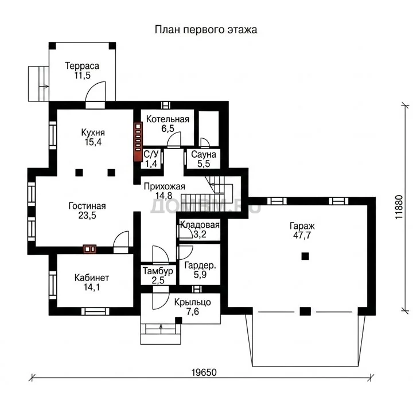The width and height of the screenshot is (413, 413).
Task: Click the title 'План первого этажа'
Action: click(x=206, y=29)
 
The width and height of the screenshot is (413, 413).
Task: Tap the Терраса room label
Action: click(x=82, y=65)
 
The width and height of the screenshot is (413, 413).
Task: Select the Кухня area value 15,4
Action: click(x=93, y=142)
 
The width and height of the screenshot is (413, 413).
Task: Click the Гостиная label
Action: click(x=87, y=206)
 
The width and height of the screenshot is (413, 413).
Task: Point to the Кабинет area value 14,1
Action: click(x=92, y=287)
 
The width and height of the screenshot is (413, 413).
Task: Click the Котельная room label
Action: click(x=167, y=119)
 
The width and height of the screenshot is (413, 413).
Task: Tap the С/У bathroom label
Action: click(x=151, y=154)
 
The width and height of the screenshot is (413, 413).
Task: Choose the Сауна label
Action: click(x=204, y=154)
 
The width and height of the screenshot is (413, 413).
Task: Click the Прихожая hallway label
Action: click(x=165, y=186)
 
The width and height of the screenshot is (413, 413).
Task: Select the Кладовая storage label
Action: click(x=200, y=225)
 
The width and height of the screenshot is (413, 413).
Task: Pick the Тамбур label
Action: click(x=158, y=271)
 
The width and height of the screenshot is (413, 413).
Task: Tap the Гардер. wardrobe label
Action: click(x=200, y=266)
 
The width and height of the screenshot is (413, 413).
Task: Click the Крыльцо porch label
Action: click(x=193, y=302)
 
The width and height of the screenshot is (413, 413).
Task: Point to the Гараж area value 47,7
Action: click(x=302, y=235)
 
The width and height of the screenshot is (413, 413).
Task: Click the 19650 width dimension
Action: click(x=204, y=372)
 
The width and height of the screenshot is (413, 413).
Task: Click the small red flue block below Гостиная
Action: click(x=89, y=249)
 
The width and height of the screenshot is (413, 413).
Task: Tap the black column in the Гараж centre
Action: click(x=305, y=256)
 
